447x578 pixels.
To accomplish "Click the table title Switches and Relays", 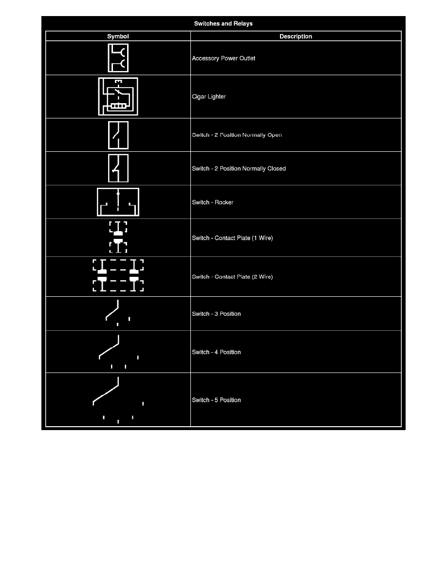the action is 223,23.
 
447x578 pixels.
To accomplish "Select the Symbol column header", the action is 118,36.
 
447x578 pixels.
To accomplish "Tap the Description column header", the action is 296,36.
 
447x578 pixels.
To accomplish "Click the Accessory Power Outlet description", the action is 223,58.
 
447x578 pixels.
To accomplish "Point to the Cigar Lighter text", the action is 209,97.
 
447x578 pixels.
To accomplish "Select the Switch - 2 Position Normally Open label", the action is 237,135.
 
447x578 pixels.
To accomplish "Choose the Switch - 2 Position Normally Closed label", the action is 239,169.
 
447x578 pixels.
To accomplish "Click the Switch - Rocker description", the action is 212,202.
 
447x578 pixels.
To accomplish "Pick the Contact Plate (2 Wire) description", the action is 232,277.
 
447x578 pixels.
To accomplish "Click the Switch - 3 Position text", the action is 216,314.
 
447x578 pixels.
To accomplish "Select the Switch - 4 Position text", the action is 216,352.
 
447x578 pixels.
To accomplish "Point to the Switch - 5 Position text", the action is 216,400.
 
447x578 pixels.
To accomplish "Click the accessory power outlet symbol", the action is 118,58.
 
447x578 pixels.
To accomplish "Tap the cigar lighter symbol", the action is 118,96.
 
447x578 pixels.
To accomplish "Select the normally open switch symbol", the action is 118,135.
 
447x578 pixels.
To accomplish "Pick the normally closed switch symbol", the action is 118,168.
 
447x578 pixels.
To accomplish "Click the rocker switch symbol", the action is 118,202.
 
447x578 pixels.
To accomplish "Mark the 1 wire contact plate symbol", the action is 118,237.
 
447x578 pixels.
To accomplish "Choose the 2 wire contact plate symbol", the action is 118,276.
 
